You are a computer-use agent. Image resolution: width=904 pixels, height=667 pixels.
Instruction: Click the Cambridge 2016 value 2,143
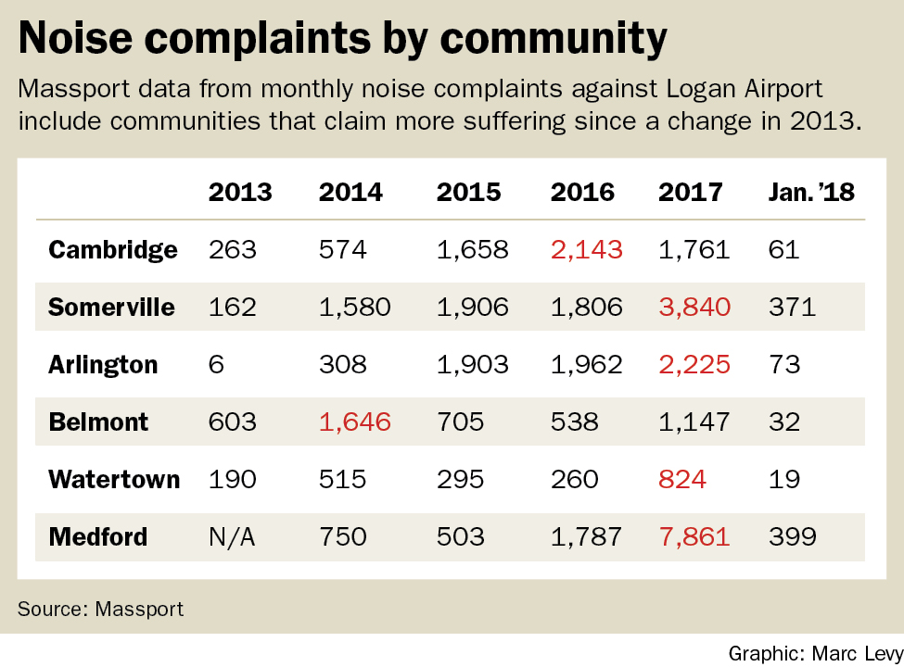[586, 250]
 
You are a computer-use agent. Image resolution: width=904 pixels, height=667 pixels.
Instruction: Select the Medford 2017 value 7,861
[694, 536]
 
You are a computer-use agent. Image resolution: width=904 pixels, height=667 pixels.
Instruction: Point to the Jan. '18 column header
[811, 193]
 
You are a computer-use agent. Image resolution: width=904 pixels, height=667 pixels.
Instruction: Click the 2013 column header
[240, 193]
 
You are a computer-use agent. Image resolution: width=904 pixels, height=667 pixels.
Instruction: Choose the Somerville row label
[111, 308]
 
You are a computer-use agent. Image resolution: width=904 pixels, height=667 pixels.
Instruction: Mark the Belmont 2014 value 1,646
[356, 422]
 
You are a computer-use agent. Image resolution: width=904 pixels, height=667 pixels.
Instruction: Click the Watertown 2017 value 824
[681, 480]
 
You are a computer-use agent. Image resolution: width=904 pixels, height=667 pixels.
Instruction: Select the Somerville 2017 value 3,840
[694, 308]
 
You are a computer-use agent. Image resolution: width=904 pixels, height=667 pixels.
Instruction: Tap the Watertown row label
[114, 480]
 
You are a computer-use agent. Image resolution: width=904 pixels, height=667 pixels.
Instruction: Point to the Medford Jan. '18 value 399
[793, 536]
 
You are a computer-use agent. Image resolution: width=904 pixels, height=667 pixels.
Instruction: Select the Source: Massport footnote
[100, 609]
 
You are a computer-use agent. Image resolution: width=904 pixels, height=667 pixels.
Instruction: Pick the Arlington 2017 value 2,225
[694, 365]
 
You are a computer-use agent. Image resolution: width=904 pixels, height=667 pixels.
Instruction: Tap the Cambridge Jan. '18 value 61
[783, 250]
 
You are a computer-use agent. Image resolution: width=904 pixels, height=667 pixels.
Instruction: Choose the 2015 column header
[468, 193]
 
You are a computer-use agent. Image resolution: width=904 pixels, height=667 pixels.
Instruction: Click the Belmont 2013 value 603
[231, 422]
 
